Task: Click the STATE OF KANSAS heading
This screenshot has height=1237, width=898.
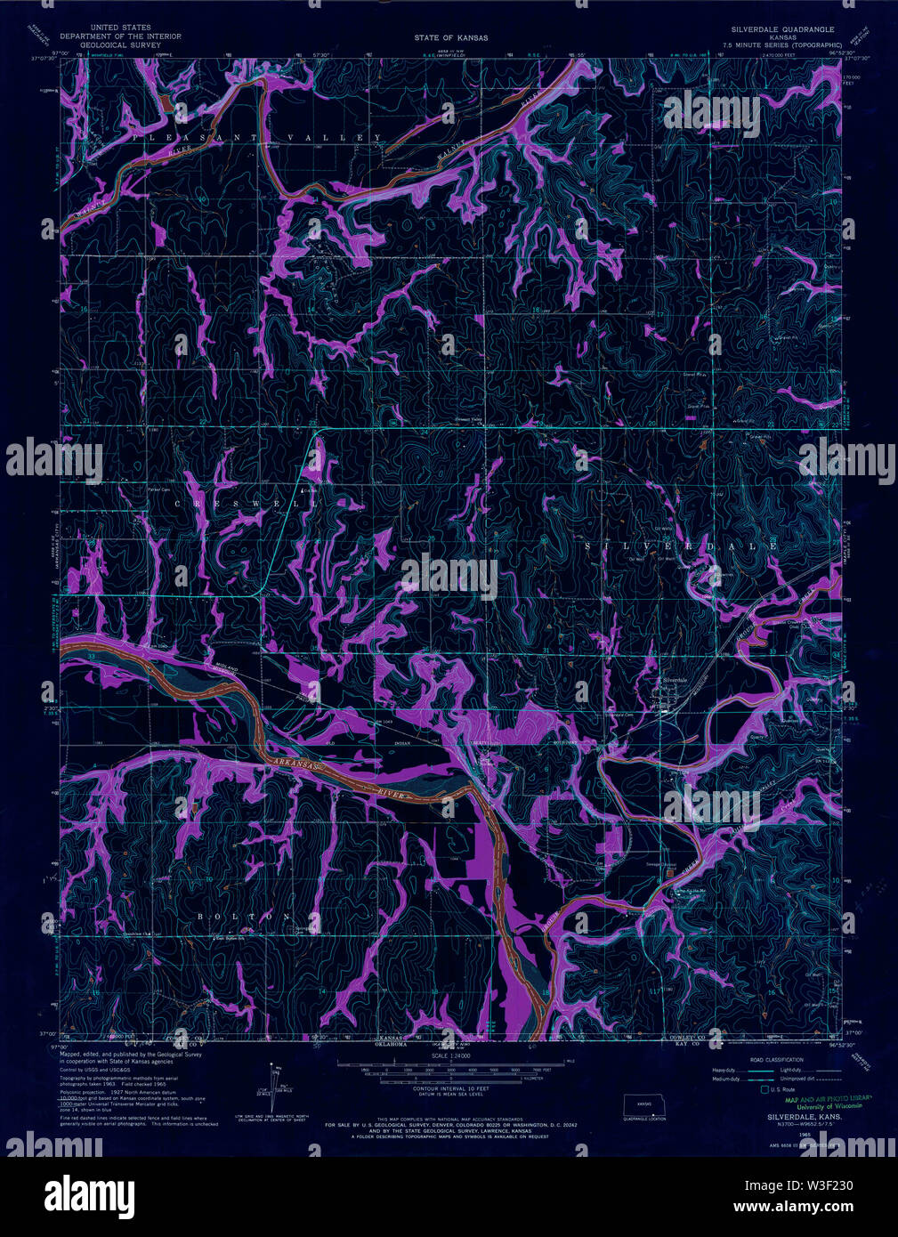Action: [450, 38]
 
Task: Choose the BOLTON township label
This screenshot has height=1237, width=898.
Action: [243, 916]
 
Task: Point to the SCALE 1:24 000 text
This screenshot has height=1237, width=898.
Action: [449, 1055]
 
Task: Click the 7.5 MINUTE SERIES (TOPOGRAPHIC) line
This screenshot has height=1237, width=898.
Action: [783, 44]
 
